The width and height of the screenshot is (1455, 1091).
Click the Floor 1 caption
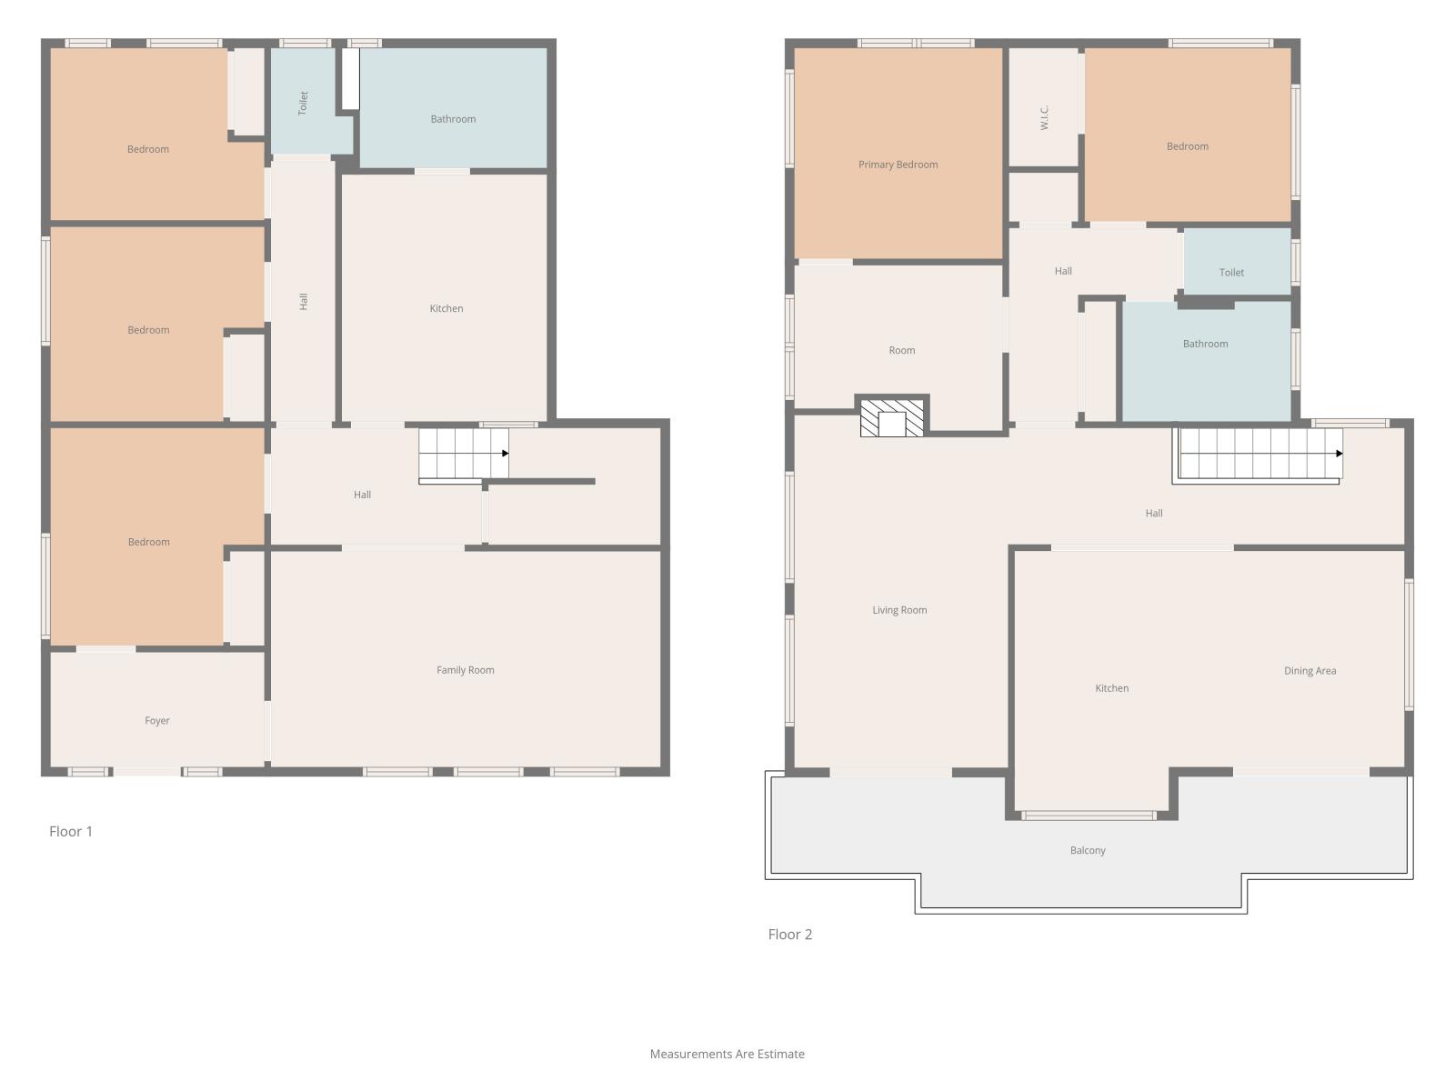pyautogui.click(x=71, y=831)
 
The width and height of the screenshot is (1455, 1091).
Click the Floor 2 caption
pyautogui.click(x=789, y=934)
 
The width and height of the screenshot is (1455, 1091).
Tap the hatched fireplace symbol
pyautogui.click(x=891, y=418)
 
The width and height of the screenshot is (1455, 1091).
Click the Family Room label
pyautogui.click(x=466, y=670)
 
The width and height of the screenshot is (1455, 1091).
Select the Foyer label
pyautogui.click(x=157, y=721)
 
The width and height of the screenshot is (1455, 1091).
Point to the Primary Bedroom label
pyautogui.click(x=898, y=165)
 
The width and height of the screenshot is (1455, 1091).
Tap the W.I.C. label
pyautogui.click(x=1045, y=117)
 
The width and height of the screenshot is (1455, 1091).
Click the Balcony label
pyautogui.click(x=1088, y=850)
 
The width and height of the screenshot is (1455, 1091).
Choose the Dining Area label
pyautogui.click(x=1309, y=670)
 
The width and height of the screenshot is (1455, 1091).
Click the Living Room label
pyautogui.click(x=899, y=610)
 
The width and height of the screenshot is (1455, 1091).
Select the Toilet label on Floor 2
pyautogui.click(x=1231, y=272)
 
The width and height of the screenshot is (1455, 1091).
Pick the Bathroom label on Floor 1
pyautogui.click(x=454, y=119)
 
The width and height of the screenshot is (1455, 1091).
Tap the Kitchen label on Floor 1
pyautogui.click(x=447, y=308)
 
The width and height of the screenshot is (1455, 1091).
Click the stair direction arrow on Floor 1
pyautogui.click(x=505, y=453)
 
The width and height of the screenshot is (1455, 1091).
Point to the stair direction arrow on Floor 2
pyautogui.click(x=1339, y=453)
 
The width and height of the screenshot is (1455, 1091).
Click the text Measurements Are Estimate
pyautogui.click(x=727, y=1054)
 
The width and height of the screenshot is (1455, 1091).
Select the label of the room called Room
pyautogui.click(x=902, y=350)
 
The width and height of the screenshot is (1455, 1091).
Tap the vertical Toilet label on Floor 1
pyautogui.click(x=303, y=104)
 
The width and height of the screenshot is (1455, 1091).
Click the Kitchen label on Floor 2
pyautogui.click(x=1111, y=688)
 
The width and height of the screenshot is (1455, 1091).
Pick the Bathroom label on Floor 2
pyautogui.click(x=1206, y=344)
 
